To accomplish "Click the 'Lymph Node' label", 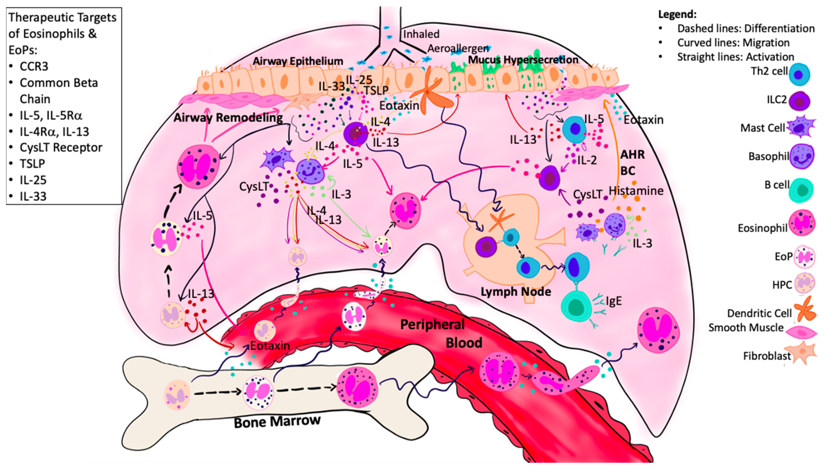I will coord(516,292).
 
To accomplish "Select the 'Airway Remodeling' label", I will coord(228,118).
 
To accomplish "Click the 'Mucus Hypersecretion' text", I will coord(523,60).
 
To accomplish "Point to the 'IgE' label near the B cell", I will coord(613,301).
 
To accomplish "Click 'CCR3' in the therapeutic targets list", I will coord(34,66).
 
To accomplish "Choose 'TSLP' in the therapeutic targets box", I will coord(32,164).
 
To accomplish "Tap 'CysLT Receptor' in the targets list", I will coord(61,148).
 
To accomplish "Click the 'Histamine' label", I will coord(636,191).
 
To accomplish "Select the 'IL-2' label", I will coord(587,160).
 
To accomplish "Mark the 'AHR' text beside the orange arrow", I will coord(632,155).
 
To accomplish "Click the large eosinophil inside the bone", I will coord(357,387).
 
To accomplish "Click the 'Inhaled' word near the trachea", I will coord(421,34).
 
